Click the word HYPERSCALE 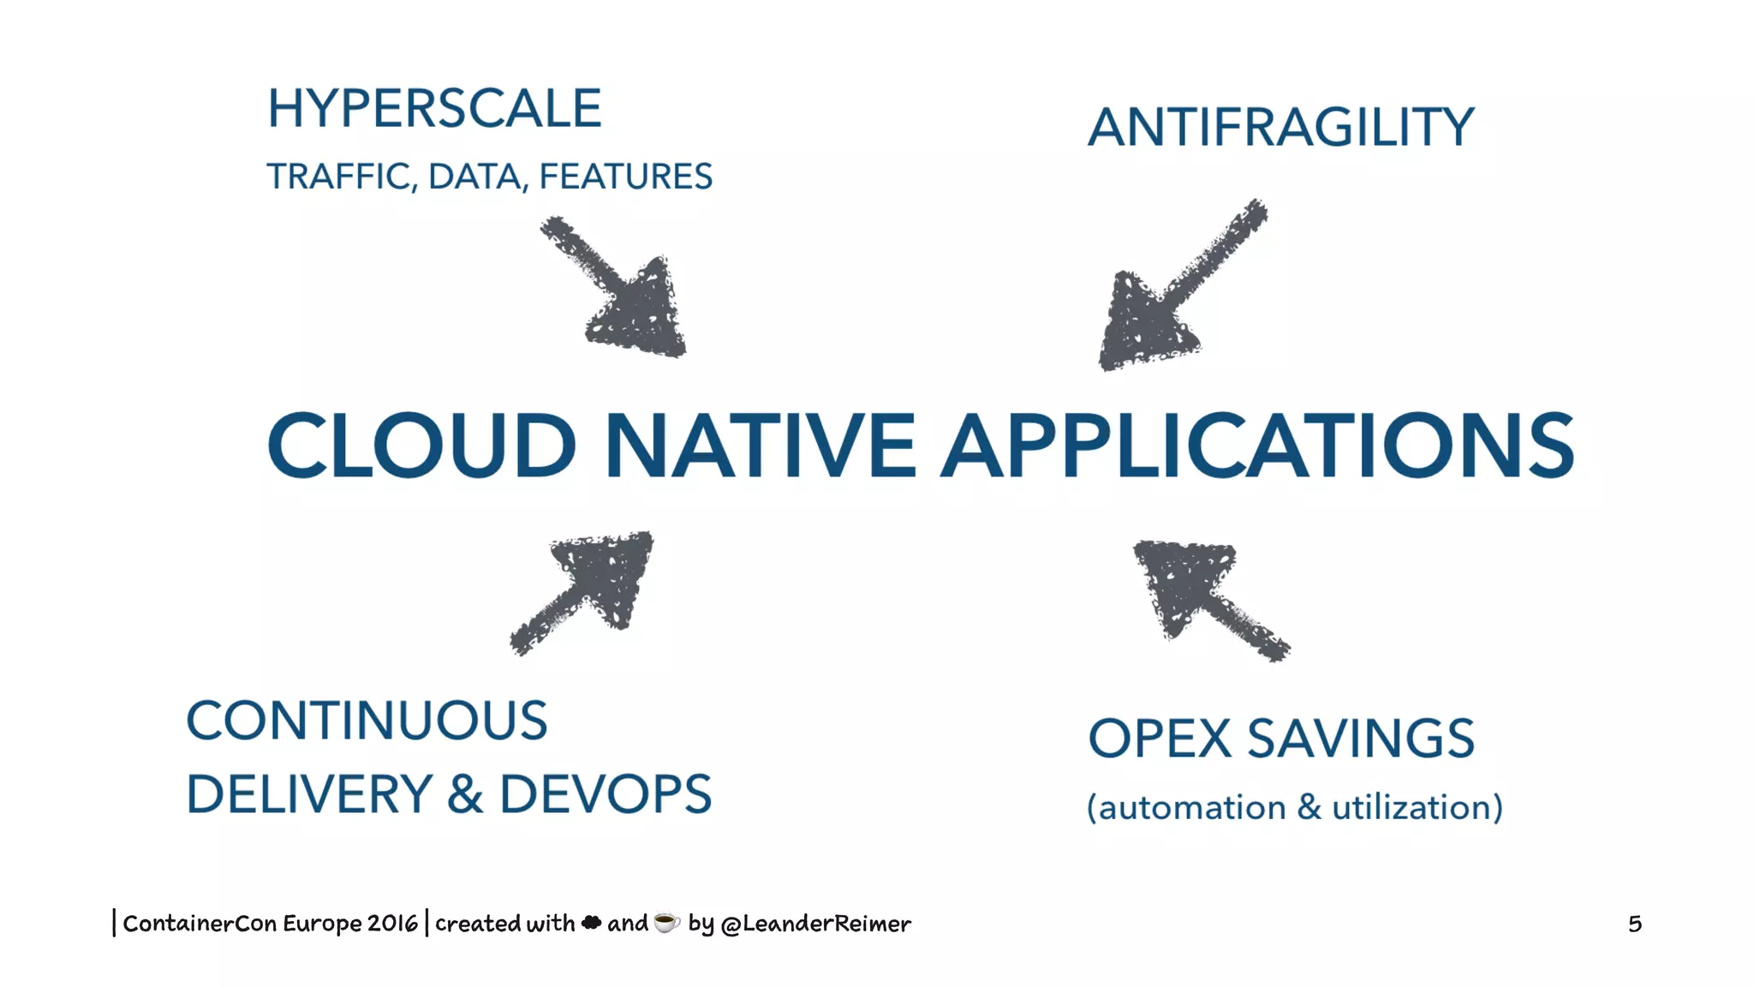coord(434,109)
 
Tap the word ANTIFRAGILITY coord(1280,128)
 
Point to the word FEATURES coord(625,176)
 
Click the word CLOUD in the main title coord(421,446)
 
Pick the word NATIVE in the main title coord(761,446)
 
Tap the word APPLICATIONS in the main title coord(1257,446)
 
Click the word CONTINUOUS coord(367,721)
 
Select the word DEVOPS coord(605,794)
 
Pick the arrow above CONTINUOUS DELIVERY coord(591,587)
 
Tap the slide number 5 coord(1634,924)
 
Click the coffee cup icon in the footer coord(666,922)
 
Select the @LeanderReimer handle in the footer coord(815,924)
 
